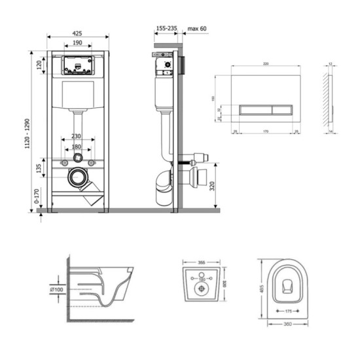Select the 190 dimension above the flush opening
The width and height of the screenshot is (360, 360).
78,43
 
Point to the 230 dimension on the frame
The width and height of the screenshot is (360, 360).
78,136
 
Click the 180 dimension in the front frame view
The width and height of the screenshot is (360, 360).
78,147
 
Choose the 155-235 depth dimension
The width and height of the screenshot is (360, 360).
166,29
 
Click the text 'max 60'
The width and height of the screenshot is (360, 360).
197,29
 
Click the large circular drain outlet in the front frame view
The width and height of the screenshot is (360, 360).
79,177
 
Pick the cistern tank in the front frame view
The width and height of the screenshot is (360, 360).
78,96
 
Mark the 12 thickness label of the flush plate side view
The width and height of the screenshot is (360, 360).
330,63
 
